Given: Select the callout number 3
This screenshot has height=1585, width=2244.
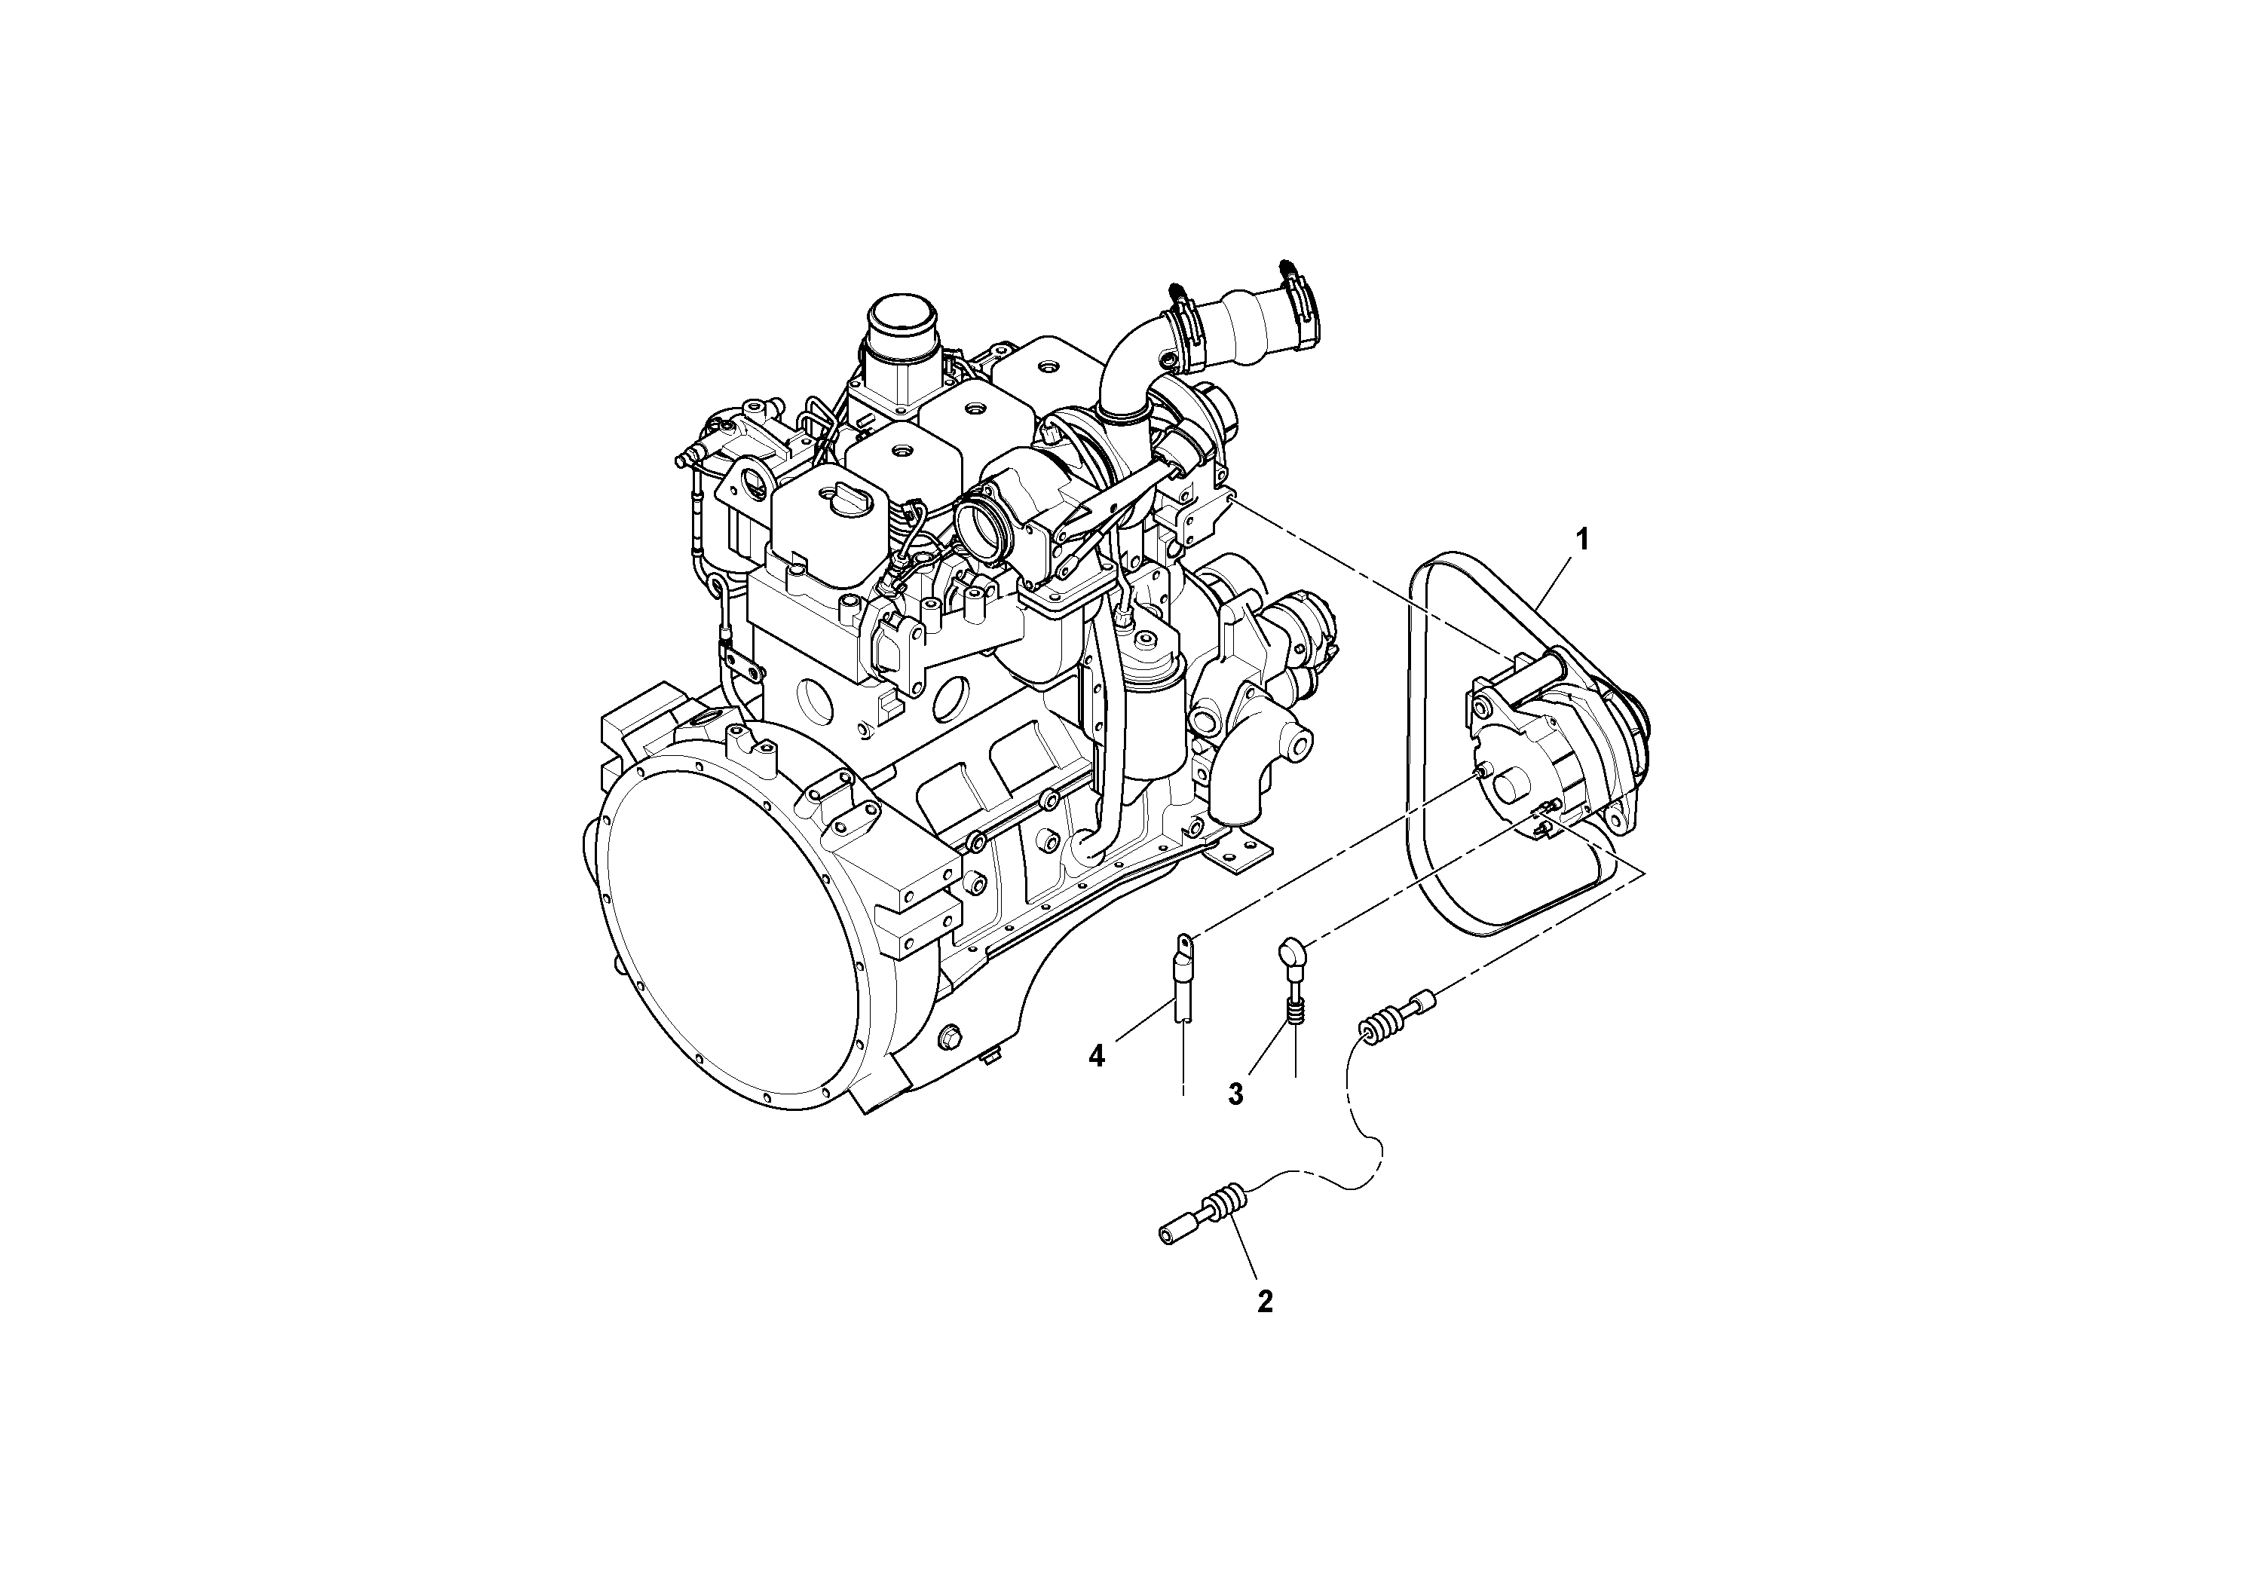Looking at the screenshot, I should pyautogui.click(x=1235, y=1094).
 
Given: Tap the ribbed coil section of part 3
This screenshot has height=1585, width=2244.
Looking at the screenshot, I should pyautogui.click(x=1295, y=1016).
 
